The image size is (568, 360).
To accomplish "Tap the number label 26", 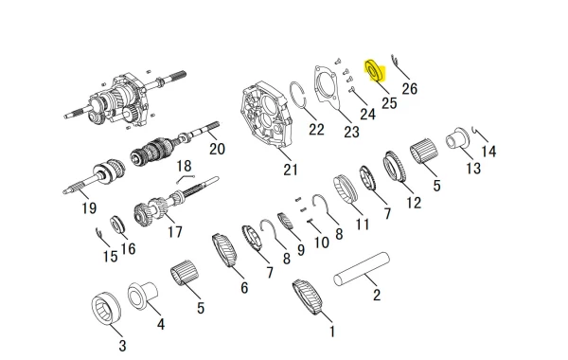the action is click(x=410, y=88).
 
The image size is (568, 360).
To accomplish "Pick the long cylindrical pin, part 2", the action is click(x=362, y=269).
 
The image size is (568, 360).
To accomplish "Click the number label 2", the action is click(x=377, y=296).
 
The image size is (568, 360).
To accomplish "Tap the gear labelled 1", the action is click(x=307, y=297).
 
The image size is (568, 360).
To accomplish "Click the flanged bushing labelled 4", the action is click(x=142, y=296).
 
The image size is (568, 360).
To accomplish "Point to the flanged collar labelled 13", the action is click(x=457, y=138).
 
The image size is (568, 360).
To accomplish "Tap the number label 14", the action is click(x=488, y=152).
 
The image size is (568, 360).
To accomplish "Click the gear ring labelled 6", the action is click(x=224, y=250).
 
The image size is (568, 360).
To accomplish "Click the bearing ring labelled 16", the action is click(x=117, y=224).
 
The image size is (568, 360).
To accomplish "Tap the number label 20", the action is click(x=218, y=149).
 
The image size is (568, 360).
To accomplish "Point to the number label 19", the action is click(x=89, y=208).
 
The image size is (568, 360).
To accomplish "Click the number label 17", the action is click(x=174, y=232).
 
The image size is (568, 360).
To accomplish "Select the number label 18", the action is click(x=184, y=166).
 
